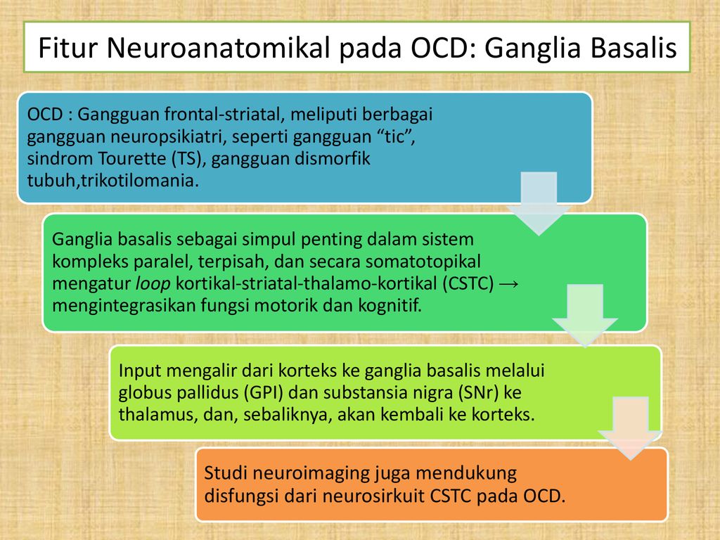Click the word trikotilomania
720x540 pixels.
(140, 181)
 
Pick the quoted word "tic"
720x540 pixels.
(399, 136)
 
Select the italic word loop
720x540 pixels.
(153, 284)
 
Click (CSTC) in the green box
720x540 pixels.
(468, 284)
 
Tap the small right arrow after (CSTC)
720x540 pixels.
(508, 284)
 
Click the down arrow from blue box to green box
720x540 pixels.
(539, 204)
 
